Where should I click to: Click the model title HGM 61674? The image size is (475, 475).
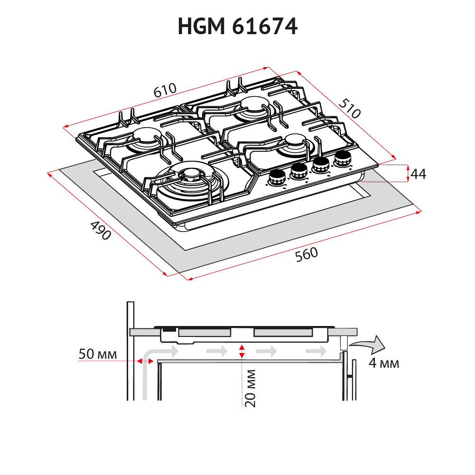pos(237,27)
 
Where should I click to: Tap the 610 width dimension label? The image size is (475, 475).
pos(165,91)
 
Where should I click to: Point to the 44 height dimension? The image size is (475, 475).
pos(418,174)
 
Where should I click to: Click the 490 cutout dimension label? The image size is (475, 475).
pos(100,231)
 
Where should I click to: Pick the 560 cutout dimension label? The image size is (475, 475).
pos(306,255)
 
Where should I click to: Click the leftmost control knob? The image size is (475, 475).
pos(276,178)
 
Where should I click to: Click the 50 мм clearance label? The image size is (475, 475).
pos(97,354)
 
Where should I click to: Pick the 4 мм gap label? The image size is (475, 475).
pos(383,364)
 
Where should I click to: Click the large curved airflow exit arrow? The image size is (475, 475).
pos(368,345)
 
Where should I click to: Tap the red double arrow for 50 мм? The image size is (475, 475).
pos(142,361)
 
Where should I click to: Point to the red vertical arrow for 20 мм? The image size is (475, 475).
pos(242,351)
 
